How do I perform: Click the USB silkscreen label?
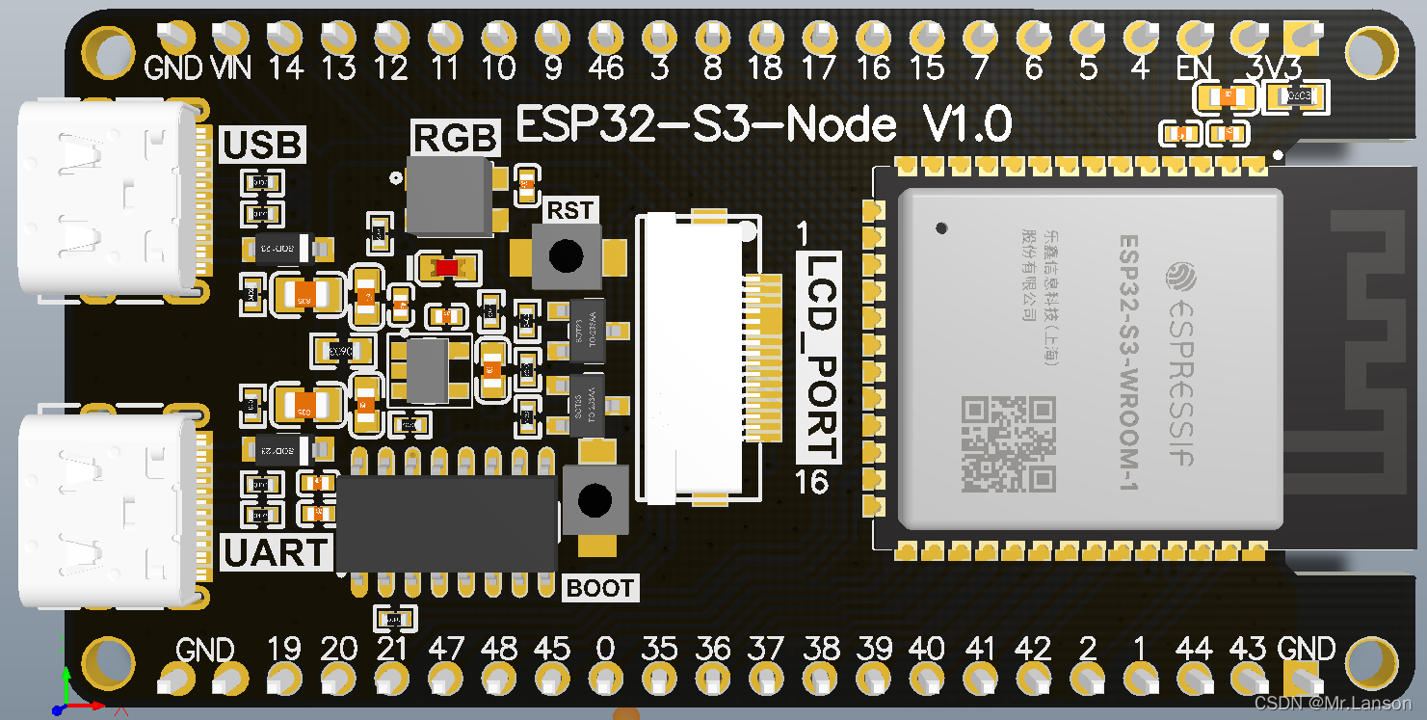(263, 145)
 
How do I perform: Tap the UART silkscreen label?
(276, 552)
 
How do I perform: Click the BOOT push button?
(595, 499)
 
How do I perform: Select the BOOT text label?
(599, 587)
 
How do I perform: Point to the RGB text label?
(456, 139)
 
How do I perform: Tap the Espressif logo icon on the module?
(1180, 277)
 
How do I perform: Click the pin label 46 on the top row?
(606, 67)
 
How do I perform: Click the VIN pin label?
(230, 67)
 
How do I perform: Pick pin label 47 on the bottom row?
(446, 649)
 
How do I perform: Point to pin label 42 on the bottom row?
(1033, 649)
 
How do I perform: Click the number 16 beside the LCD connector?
(811, 481)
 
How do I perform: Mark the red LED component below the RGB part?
(444, 267)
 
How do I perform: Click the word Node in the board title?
(841, 124)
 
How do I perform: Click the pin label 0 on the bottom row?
(605, 649)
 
